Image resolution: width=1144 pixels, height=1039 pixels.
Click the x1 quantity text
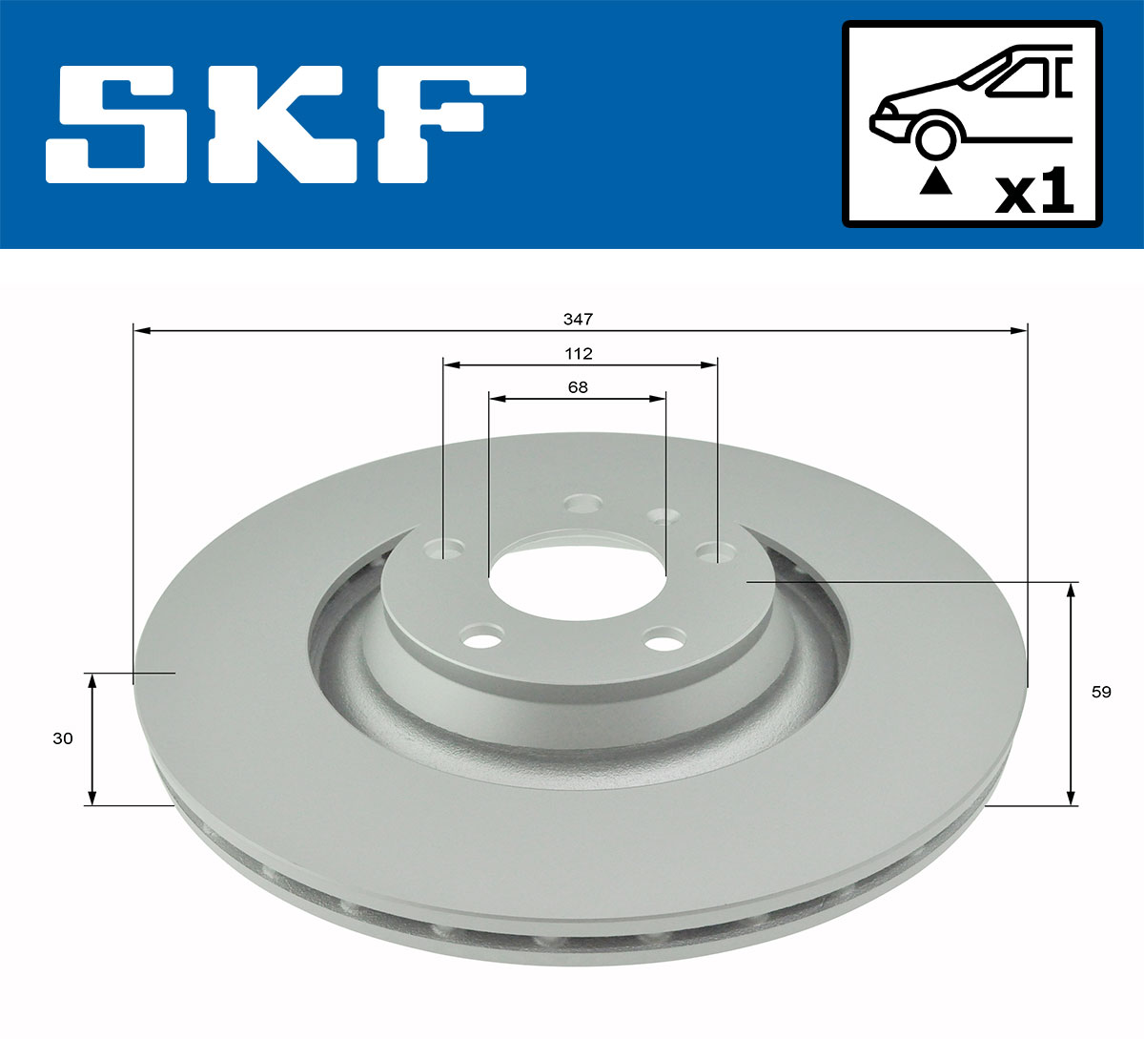1034,193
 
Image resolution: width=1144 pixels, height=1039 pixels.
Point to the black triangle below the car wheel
935,181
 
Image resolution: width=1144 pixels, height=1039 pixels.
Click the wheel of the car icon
935,137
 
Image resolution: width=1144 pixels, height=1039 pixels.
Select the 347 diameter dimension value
579,319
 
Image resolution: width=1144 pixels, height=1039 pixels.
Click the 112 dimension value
579,354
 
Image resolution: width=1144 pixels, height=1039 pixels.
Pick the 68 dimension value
578,387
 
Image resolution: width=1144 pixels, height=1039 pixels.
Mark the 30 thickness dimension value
63,738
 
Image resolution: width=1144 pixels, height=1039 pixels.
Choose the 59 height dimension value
1101,693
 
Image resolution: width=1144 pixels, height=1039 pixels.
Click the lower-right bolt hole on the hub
664,639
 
